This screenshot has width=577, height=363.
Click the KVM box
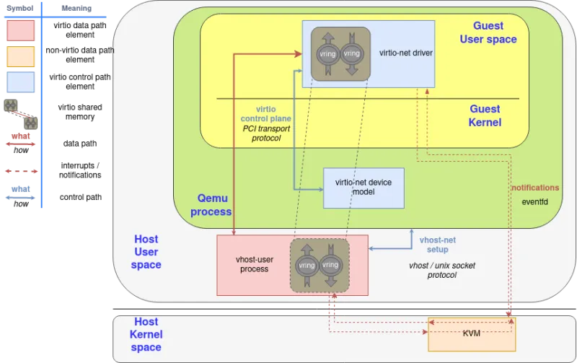(x=471, y=334)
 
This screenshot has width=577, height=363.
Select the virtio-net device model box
(x=364, y=188)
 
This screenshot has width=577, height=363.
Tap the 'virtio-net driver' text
(x=405, y=53)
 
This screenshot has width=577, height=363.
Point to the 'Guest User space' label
(x=488, y=32)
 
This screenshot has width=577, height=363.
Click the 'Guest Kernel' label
(x=485, y=115)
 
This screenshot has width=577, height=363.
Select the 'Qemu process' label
(x=214, y=204)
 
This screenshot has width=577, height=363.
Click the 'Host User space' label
(x=146, y=252)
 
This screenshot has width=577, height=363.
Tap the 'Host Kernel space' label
(x=146, y=334)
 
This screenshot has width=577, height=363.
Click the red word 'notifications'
(x=534, y=188)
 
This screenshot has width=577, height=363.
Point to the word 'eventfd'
(x=534, y=201)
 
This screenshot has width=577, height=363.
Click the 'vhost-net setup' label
(x=437, y=245)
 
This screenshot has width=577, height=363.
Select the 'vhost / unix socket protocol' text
(x=442, y=270)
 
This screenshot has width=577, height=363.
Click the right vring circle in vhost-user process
(x=330, y=265)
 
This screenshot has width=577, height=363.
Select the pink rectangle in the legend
(x=20, y=30)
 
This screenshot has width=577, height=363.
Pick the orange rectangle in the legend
(x=20, y=56)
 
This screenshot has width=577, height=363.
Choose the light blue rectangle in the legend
(x=20, y=82)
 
